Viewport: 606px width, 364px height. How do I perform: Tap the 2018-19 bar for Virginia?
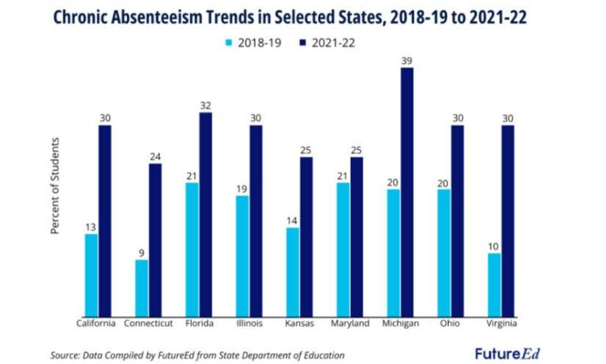pos(495,285)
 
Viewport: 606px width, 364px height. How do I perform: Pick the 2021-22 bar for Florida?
pos(205,214)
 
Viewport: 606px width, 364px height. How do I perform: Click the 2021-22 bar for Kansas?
pos(306,237)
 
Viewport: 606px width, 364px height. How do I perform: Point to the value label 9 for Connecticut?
pos(141,253)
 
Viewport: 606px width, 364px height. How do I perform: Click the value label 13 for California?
pos(92,227)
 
